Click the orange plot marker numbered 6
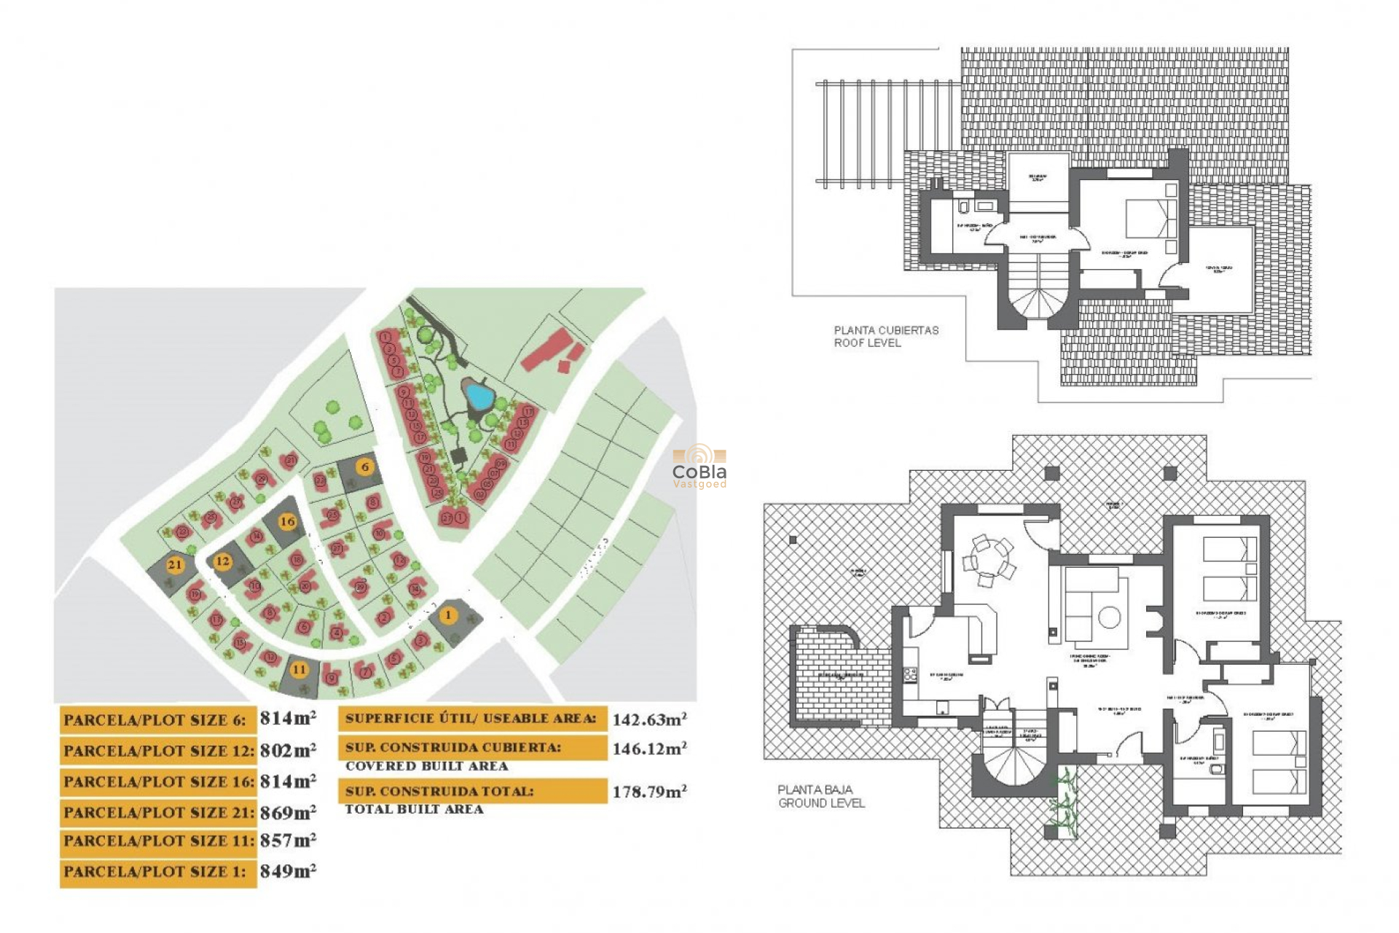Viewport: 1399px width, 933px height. [x=365, y=466]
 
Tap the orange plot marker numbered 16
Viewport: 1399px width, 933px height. [x=288, y=521]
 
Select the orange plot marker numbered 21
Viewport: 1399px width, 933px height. [x=174, y=564]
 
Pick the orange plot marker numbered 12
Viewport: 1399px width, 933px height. [x=222, y=561]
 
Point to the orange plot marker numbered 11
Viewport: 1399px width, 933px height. [x=299, y=669]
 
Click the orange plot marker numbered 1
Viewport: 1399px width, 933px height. [x=448, y=615]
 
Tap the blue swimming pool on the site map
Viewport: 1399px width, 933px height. [x=479, y=396]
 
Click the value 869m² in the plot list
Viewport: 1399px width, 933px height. [x=288, y=812]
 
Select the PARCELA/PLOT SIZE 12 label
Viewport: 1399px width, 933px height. [x=158, y=751]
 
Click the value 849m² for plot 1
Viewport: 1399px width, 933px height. [x=288, y=872]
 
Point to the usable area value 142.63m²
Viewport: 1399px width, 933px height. [x=648, y=719]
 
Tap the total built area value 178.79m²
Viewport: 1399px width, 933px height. [x=648, y=792]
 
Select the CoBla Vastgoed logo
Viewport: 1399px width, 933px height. [x=699, y=466]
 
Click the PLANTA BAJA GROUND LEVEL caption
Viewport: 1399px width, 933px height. [x=820, y=796]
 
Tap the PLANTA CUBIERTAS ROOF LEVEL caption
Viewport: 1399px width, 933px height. [x=885, y=336]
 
